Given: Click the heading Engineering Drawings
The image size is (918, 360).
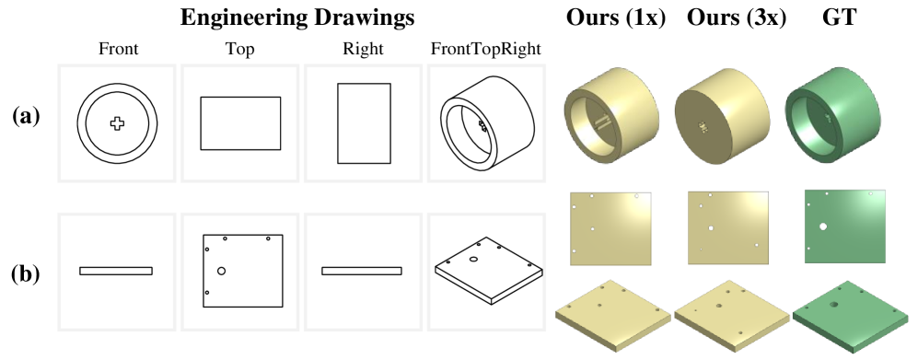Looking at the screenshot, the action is pos(297,18).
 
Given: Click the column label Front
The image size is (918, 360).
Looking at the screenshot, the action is pos(118,49).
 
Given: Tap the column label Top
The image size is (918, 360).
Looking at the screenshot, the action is pos(240,50).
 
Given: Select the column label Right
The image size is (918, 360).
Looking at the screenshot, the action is pos(363,50).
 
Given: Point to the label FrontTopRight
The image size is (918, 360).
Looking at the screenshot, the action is pos(486,50).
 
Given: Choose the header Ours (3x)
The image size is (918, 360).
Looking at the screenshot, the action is pos(737,18).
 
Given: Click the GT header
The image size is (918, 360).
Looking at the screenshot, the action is pos(839,18).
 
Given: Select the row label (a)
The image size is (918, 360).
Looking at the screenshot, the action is pos(27,117).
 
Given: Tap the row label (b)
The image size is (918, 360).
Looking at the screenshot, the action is pos(27,274).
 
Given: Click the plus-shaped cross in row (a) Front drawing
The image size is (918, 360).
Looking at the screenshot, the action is pos(117,123).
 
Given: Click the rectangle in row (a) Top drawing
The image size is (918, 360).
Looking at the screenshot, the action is pos(240,123).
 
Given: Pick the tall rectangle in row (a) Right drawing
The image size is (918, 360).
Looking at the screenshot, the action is pos(364,123).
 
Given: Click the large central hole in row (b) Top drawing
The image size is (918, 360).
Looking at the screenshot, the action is pos(221,271).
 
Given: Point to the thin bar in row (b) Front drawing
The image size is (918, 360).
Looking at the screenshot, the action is pos(116,271).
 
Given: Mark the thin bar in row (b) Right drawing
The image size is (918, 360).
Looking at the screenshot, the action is pos(362,271).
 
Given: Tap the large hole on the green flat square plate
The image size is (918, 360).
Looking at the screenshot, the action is pos(823,226).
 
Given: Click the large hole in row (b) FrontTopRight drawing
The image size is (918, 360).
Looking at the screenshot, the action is pos(473,259).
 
